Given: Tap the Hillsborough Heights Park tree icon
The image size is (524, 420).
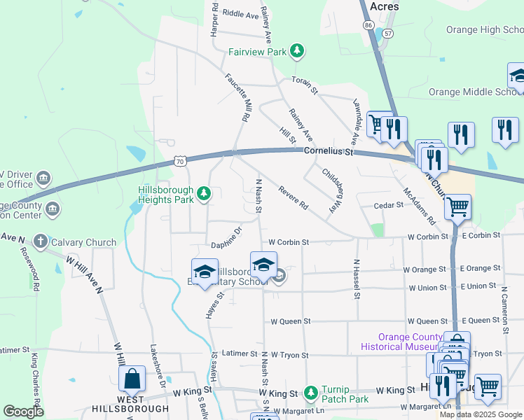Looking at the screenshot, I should tap(204, 193).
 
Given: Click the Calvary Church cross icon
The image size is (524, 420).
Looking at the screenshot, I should tap(41, 242).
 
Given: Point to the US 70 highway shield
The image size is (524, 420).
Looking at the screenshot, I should tap(180, 162).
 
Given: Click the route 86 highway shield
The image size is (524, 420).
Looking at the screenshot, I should tap(368, 24).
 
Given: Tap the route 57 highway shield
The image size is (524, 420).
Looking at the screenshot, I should tap(388, 33).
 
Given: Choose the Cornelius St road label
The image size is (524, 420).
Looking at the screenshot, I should tap(329, 151).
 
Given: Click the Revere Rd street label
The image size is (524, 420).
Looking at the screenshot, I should tap(293, 198).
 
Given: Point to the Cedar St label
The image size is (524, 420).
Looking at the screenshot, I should tap(389, 205).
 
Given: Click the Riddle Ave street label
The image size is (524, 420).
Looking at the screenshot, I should tap(240, 14).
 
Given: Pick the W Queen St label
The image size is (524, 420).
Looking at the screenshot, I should tap(291, 321).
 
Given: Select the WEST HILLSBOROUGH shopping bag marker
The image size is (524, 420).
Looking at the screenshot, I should tap(132, 380).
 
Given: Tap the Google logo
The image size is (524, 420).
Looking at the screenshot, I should tap(23, 412).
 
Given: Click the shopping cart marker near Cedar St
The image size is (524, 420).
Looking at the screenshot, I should tap(457, 206).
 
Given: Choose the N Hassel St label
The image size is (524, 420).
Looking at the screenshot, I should tap(356, 279).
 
